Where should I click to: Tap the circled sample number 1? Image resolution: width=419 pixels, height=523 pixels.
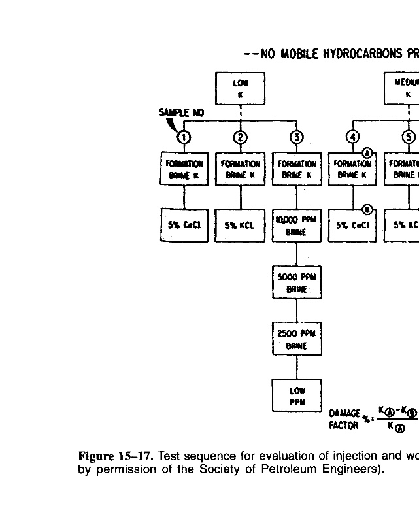pyautogui.click(x=185, y=137)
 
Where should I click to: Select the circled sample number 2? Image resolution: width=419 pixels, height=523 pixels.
pyautogui.click(x=241, y=137)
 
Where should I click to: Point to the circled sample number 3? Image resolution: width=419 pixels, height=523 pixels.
pyautogui.click(x=297, y=137)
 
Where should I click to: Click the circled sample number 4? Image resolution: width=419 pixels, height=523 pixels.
pyautogui.click(x=353, y=137)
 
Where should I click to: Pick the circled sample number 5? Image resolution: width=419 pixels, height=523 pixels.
pyautogui.click(x=409, y=137)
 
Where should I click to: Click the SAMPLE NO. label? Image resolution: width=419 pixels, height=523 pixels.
pyautogui.click(x=182, y=113)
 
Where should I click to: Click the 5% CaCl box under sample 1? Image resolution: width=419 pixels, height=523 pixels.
pyautogui.click(x=185, y=226)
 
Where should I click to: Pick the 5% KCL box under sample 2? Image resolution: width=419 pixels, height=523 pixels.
pyautogui.click(x=241, y=226)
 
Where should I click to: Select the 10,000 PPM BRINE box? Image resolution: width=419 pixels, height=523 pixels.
pyautogui.click(x=297, y=226)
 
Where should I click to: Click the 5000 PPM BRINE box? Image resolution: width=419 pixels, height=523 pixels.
pyautogui.click(x=297, y=282)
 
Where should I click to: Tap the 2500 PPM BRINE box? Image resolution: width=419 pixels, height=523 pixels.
pyautogui.click(x=297, y=338)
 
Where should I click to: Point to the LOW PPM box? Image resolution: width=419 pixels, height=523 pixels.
pyautogui.click(x=297, y=394)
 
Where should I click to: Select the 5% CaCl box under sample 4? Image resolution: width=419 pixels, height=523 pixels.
pyautogui.click(x=353, y=226)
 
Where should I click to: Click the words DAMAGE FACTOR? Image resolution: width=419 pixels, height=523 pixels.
pyautogui.click(x=344, y=419)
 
